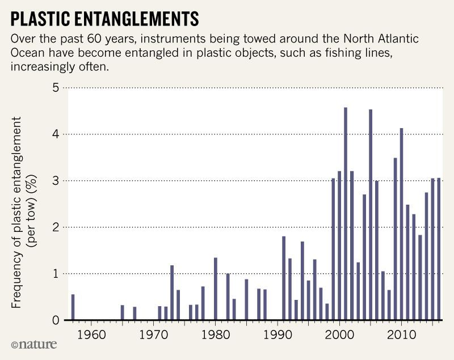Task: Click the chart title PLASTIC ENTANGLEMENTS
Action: pos(105,19)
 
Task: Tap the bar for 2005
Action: pos(371,215)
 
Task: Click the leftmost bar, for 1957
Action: pos(73,307)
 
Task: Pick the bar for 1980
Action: pos(216,289)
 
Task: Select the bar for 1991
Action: pos(284,278)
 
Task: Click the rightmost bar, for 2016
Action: pos(439,249)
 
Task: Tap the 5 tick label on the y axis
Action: pos(55,88)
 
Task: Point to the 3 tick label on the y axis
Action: pos(55,181)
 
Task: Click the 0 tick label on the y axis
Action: pos(55,320)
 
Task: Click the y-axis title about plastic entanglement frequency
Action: pos(24,213)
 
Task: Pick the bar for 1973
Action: pos(172,293)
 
